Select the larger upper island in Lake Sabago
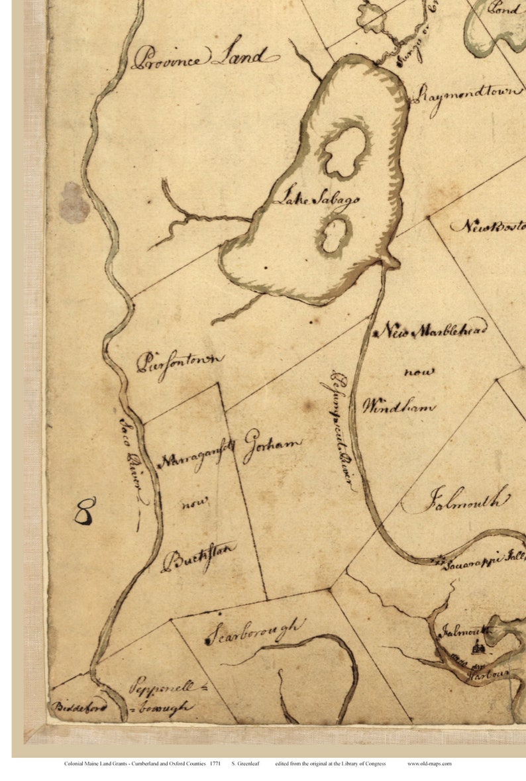(x=345, y=151)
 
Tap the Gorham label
(x=272, y=446)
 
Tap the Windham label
(x=398, y=406)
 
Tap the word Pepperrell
(x=163, y=687)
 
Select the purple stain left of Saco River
(x=74, y=203)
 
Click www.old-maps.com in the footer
(x=429, y=764)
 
